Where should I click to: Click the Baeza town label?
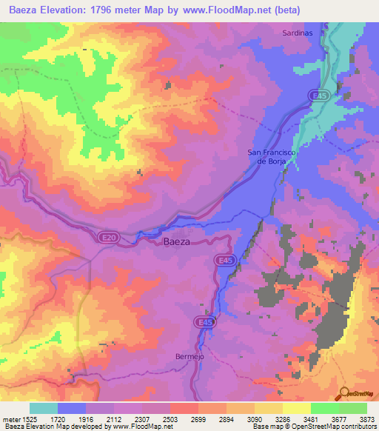(x=175, y=241)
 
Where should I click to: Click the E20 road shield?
(x=108, y=236)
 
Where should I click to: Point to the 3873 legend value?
(x=358, y=418)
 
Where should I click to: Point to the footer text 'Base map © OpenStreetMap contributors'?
(x=313, y=427)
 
